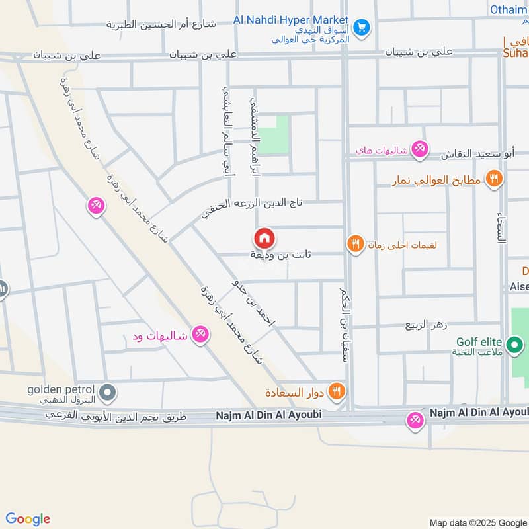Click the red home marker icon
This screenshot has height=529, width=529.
264,238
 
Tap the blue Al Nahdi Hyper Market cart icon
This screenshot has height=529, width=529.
361,28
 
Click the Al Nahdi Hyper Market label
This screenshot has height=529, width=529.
290,20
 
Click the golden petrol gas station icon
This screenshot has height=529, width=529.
110,394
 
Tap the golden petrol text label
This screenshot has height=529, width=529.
61,389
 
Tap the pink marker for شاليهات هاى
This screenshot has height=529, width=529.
419,149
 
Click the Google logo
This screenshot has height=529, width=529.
28,519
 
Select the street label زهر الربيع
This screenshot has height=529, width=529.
427,325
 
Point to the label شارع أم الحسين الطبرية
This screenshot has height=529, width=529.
161,25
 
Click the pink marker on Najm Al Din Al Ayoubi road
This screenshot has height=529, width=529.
416,419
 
